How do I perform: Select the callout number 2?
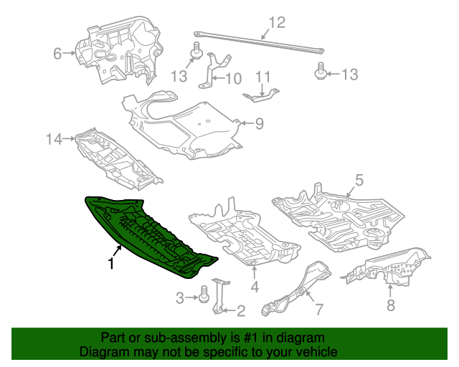[x=241, y=310]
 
